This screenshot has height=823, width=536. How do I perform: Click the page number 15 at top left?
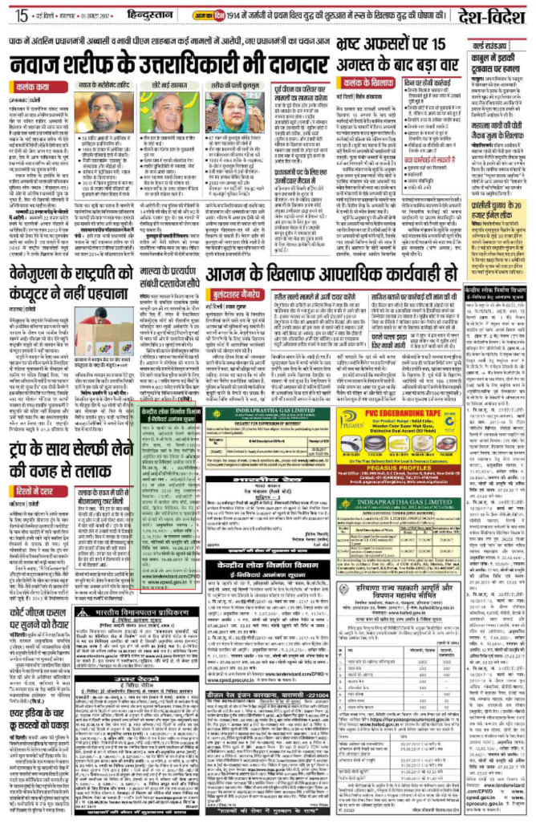click(x=20, y=14)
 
